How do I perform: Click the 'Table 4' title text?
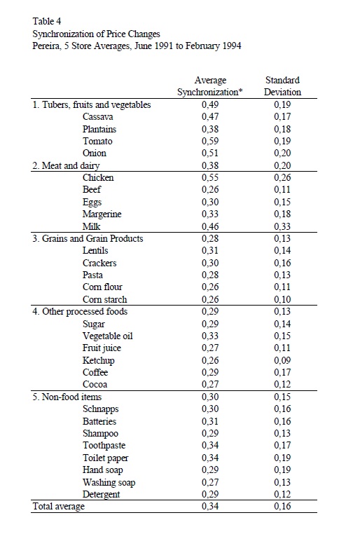point(47,22)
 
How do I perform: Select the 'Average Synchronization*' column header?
point(210,86)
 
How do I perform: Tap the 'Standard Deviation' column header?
point(282,86)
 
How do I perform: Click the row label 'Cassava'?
point(97,116)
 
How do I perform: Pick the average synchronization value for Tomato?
point(210,141)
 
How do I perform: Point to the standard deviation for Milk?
point(282,226)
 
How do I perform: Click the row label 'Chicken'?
point(98,177)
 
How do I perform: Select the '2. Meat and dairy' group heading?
point(66,165)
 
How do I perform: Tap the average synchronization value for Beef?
point(210,189)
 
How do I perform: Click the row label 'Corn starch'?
point(105,299)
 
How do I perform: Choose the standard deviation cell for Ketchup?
point(282,360)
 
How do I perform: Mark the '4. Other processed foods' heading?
point(80,311)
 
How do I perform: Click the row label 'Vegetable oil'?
point(108,336)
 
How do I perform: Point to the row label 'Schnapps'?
point(100,409)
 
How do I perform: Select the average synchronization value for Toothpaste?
point(210,445)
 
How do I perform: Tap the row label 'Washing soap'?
point(109,482)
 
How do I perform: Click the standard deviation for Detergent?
point(282,494)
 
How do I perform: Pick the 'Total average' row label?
point(59,507)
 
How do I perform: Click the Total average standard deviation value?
point(282,506)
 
